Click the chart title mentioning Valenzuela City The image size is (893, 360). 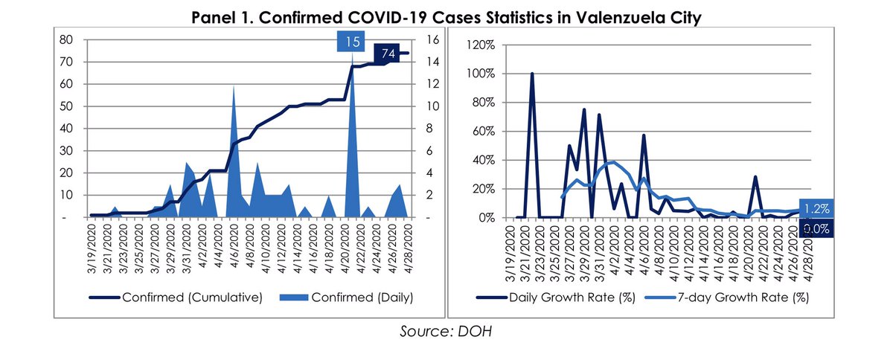pyautogui.click(x=446, y=16)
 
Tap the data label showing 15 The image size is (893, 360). pyautogui.click(x=353, y=42)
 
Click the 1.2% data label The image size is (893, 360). pyautogui.click(x=816, y=209)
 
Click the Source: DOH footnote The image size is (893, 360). pyautogui.click(x=446, y=330)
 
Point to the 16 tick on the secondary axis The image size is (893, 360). pyautogui.click(x=431, y=40)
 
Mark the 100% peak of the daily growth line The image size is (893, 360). pyautogui.click(x=532, y=74)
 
